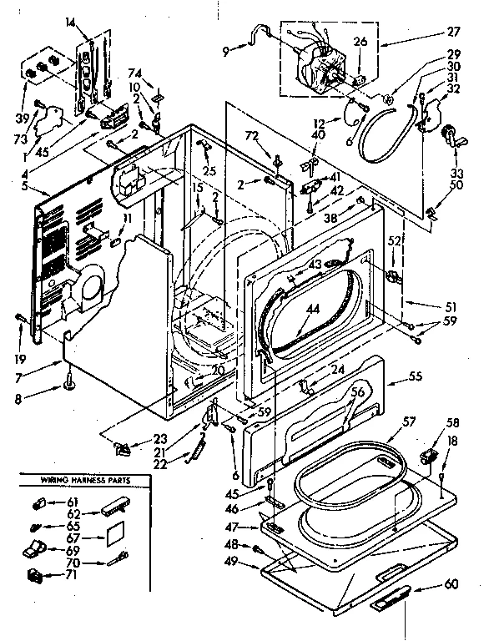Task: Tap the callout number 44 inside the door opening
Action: pos(311,309)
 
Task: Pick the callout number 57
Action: pos(409,422)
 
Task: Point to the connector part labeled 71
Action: pos(36,574)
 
